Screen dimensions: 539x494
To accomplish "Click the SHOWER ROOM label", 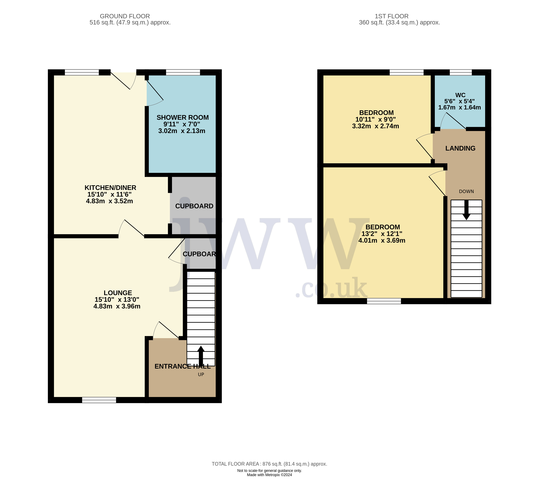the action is (x=183, y=118).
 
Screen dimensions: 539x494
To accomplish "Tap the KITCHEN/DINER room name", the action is (x=110, y=188).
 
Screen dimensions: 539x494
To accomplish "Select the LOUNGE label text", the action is (x=118, y=293).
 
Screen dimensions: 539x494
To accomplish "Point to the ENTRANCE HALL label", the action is (x=183, y=366).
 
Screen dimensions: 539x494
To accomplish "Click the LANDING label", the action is (x=460, y=148).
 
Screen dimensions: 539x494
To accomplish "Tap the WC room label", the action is (x=460, y=95).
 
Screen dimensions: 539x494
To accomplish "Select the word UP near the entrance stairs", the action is (x=201, y=374).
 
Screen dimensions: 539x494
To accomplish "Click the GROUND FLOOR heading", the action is (x=125, y=16).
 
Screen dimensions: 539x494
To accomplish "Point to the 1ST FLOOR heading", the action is (x=392, y=16).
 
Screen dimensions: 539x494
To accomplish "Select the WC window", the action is (x=461, y=72).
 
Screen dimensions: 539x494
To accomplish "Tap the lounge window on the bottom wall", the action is (x=99, y=400).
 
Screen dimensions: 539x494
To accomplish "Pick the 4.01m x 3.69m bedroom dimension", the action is (x=382, y=240).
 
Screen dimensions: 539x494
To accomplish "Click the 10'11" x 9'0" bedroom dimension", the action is (x=376, y=119).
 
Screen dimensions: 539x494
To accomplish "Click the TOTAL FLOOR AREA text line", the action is (x=270, y=464).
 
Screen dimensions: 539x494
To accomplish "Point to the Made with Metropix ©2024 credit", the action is (x=270, y=475).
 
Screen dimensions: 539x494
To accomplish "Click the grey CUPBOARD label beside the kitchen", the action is (x=194, y=206).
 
